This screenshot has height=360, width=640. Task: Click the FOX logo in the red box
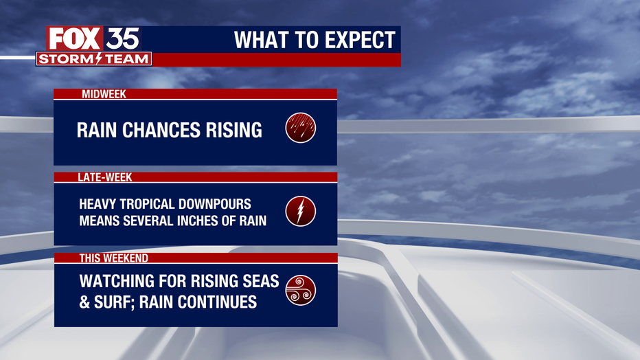click(x=74, y=38)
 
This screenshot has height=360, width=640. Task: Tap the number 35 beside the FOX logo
click(x=122, y=39)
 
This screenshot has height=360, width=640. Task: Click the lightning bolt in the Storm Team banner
click(x=98, y=59)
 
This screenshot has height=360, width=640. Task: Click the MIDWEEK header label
click(x=104, y=94)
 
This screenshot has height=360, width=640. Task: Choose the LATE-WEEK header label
click(x=105, y=177)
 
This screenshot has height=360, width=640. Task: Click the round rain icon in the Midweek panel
click(x=300, y=128)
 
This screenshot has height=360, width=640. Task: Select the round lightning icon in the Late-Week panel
click(x=300, y=212)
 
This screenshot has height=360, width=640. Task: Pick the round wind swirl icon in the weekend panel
click(x=300, y=290)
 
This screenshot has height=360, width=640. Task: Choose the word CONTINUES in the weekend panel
click(x=217, y=302)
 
